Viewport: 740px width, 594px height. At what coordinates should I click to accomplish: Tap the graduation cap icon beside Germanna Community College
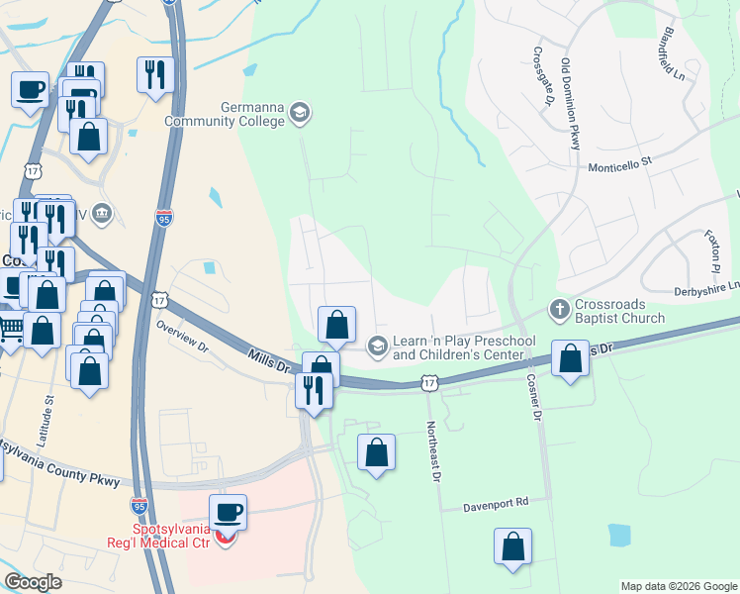pos(300,114)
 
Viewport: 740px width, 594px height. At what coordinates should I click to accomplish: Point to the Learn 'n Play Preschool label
pos(464,346)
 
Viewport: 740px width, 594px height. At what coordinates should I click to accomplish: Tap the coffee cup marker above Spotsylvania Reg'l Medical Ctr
pos(228,513)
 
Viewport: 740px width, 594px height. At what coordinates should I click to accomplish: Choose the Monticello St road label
pos(621,161)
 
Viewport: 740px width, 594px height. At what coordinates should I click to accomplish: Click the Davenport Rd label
pos(497,504)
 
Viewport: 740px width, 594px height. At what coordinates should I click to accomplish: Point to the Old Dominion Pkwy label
pos(571,104)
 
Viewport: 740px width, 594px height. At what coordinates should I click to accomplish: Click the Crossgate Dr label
pos(543,76)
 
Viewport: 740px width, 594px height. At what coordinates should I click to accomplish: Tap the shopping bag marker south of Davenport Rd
pos(512,546)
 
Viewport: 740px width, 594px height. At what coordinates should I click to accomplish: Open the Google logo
pos(33,582)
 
